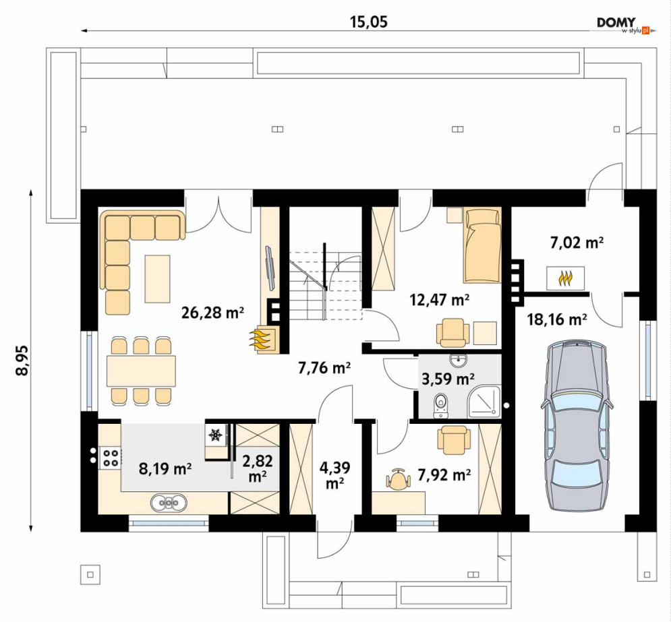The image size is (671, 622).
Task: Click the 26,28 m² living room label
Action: coord(212,313)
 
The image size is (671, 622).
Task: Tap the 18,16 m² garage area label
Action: coord(557,319)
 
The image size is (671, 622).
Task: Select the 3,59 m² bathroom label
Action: coord(448,379)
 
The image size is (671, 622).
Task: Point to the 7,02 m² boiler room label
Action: coord(577,243)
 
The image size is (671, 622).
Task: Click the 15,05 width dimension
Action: coord(369,22)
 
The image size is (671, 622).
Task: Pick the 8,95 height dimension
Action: coord(22,360)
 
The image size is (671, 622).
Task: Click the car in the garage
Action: coord(577,425)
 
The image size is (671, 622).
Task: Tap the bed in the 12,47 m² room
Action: coord(482,245)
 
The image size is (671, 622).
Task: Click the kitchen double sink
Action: coord(169,503)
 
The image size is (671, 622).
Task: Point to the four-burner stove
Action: coord(111,458)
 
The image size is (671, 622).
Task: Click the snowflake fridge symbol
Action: coord(215,435)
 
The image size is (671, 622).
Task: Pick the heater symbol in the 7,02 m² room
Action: coord(565,279)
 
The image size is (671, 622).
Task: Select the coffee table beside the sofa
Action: coord(158,279)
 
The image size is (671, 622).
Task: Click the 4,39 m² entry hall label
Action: coord(335,474)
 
